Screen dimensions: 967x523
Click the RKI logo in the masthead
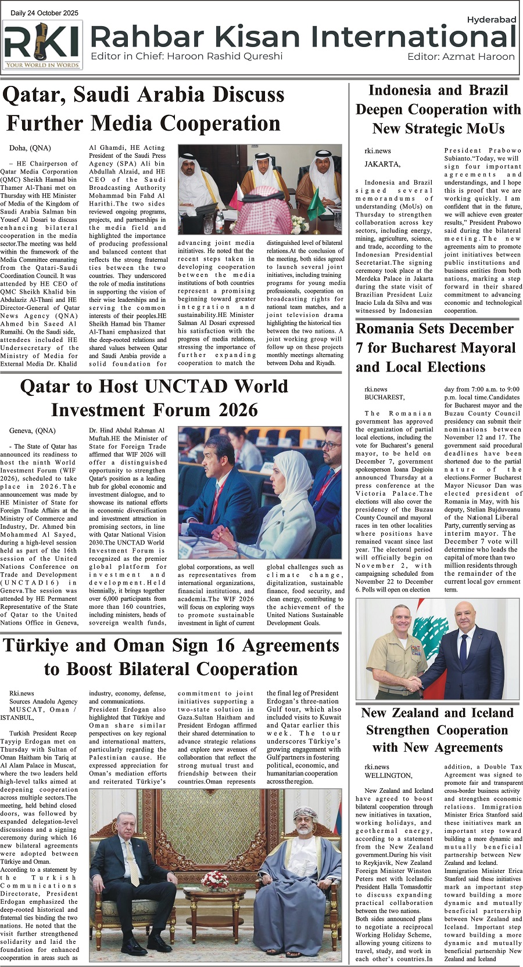tap(42, 45)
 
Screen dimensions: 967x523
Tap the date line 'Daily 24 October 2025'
tap(45, 13)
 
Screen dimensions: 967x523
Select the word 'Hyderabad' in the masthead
tap(491, 20)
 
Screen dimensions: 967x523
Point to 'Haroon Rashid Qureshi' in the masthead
tap(225, 56)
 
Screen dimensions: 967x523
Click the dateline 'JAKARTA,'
tap(382, 164)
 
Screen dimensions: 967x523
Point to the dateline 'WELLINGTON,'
tap(389, 775)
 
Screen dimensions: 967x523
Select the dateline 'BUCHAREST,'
tap(385, 398)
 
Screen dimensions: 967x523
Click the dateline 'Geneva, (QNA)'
tap(33, 431)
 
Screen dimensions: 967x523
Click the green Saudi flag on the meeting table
tap(316, 203)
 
